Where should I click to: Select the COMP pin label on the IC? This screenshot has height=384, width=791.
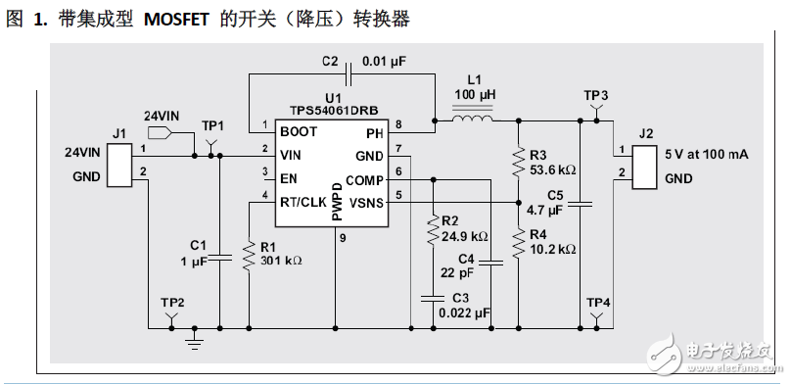(x=365, y=179)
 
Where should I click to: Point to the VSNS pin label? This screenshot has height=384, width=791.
(x=365, y=202)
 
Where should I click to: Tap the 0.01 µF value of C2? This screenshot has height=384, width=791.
(x=384, y=61)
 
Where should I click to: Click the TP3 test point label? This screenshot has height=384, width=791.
(x=595, y=95)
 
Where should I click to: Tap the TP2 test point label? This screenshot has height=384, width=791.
(x=172, y=302)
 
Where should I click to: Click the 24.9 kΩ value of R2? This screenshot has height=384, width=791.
(x=465, y=237)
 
